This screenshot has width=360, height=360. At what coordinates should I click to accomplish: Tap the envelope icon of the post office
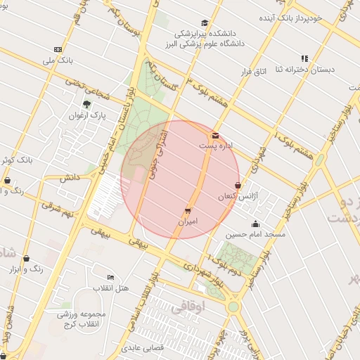(214, 135)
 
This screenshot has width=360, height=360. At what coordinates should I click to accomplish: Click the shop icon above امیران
(188, 210)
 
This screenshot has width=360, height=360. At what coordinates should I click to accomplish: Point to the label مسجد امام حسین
(255, 234)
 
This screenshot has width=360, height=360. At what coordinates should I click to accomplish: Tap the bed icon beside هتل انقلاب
(110, 278)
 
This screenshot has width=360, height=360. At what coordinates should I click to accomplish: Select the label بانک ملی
(58, 60)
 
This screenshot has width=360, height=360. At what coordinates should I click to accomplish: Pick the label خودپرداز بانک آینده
(310, 17)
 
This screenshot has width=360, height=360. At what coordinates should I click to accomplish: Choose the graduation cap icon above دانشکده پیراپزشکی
(205, 22)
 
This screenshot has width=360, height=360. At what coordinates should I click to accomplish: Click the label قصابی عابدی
(143, 348)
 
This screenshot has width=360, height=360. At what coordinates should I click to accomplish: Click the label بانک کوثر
(17, 160)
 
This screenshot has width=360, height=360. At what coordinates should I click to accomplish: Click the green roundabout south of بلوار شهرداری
(233, 307)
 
